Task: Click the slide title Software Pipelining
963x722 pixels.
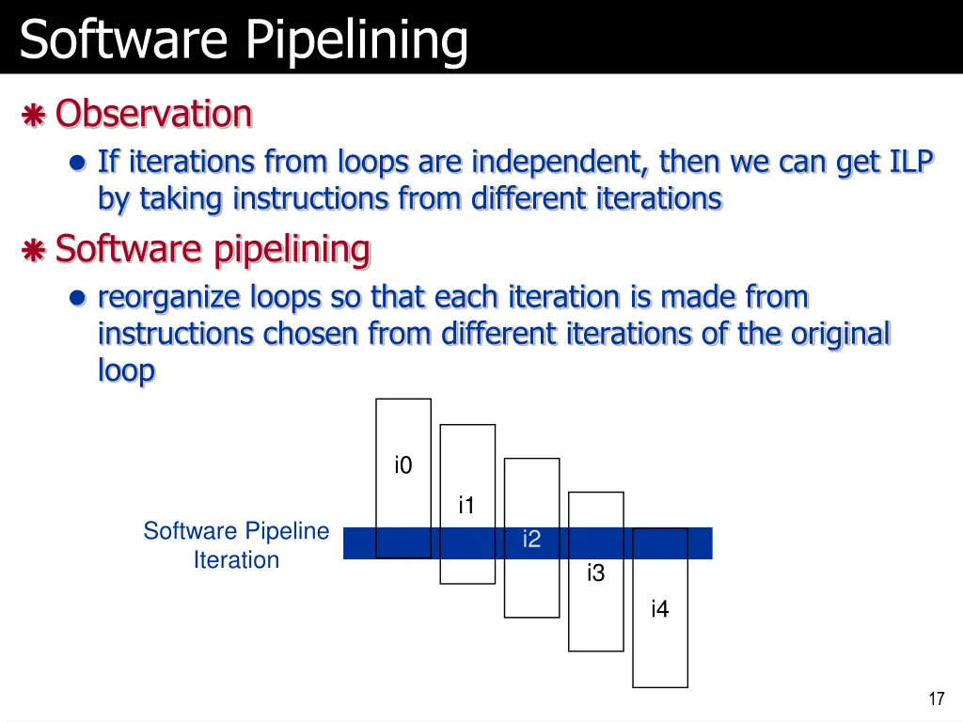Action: click(x=243, y=39)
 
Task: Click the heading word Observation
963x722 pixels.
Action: click(x=153, y=114)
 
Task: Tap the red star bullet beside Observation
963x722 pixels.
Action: click(x=33, y=116)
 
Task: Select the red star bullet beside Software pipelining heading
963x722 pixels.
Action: click(x=33, y=251)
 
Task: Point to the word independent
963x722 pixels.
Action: click(x=558, y=163)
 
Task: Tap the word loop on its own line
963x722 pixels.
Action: click(x=126, y=371)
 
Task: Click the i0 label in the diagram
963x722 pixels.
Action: click(x=403, y=465)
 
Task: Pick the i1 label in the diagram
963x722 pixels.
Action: click(x=466, y=506)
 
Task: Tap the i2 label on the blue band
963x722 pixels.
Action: click(x=531, y=540)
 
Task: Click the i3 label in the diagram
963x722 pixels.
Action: click(x=595, y=573)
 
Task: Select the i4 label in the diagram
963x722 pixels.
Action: click(x=659, y=609)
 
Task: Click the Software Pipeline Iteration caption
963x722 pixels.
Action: click(x=236, y=545)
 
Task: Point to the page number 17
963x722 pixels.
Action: click(x=936, y=698)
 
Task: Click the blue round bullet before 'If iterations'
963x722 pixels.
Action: click(x=78, y=164)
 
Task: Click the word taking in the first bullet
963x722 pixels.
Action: click(x=182, y=199)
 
